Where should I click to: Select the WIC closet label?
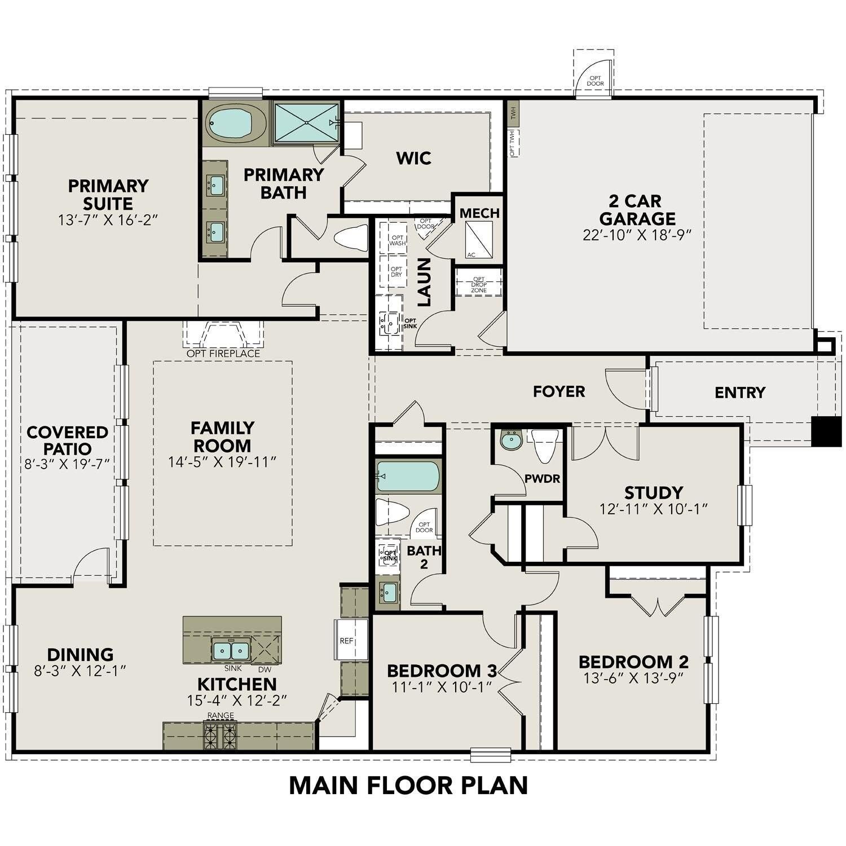413,158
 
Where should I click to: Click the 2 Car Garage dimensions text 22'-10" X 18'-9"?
637,235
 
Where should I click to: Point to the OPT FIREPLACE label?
223,354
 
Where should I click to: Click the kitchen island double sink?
231,651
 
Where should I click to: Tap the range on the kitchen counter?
220,735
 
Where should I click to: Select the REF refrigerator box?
346,641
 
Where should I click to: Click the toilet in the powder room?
545,444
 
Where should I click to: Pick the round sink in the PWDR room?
512,440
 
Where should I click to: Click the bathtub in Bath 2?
408,477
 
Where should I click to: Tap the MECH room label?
479,213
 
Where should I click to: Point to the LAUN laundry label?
424,282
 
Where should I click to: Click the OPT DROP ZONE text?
479,285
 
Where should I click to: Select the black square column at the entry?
826,431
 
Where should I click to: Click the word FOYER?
559,391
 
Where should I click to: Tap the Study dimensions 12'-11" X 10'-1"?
654,509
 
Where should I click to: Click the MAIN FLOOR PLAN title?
408,786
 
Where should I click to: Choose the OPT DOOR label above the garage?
595,81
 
